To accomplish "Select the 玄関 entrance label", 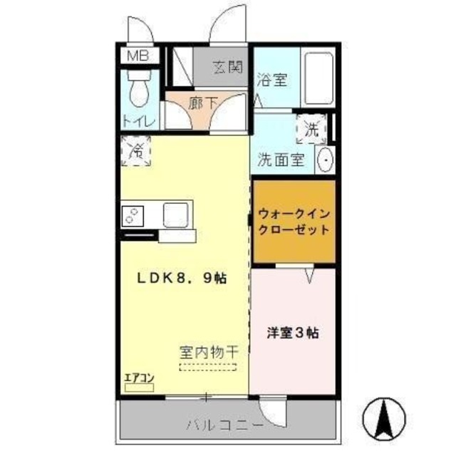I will coord(227,68).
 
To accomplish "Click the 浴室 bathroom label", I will coord(271,80).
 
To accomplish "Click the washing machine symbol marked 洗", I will coord(311,130).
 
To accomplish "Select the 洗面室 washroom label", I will coord(281,160).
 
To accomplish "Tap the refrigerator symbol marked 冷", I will coord(136,151).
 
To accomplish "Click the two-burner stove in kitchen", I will coord(134,214).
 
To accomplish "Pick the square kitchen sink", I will coord(175,213).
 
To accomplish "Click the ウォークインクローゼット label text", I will coord(294,221).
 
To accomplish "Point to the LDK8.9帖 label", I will coord(182,279).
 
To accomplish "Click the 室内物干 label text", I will coord(208,353).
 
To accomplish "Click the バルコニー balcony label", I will coord(225,425).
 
